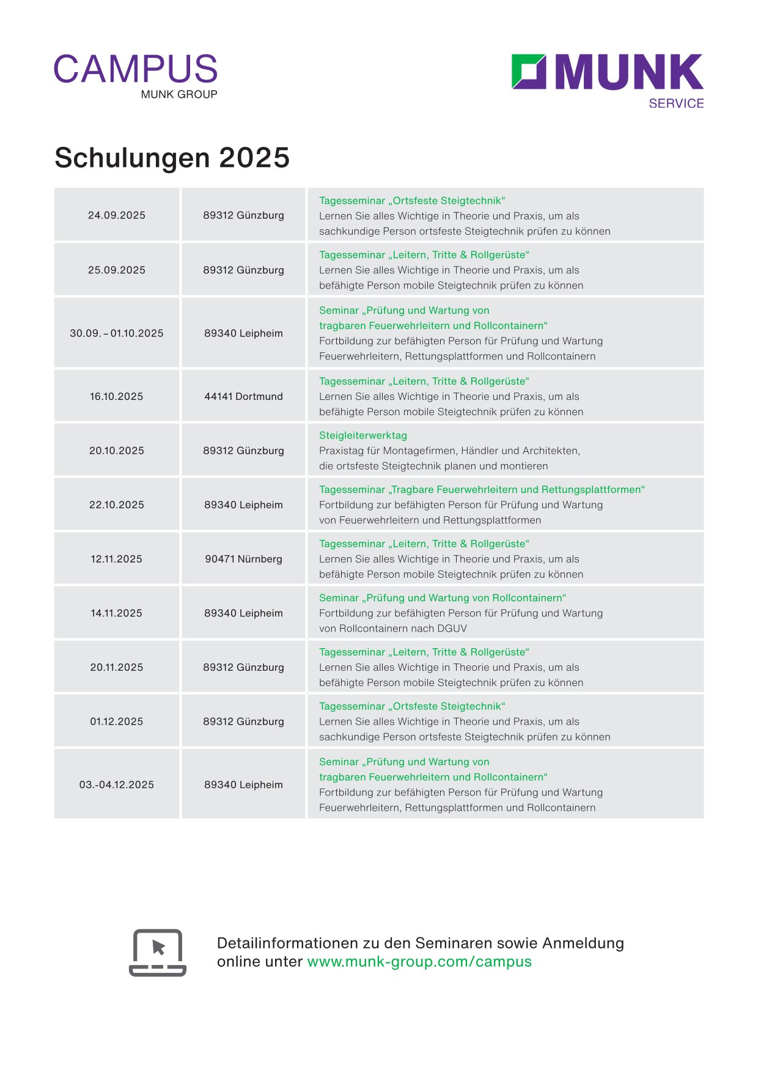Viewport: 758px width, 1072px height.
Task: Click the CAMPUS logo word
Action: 136,69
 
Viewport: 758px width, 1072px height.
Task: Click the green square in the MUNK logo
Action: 528,72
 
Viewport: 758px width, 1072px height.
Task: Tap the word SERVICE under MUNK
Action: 676,103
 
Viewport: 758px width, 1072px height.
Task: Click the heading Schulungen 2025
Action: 172,158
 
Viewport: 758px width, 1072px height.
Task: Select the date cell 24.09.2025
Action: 117,215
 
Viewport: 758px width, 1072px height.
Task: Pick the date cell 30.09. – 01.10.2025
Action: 117,333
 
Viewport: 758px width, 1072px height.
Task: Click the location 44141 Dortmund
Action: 243,396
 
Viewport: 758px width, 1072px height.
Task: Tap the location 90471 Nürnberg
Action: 243,559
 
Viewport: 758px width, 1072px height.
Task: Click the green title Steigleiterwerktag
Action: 363,435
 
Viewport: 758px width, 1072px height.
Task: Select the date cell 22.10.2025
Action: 117,505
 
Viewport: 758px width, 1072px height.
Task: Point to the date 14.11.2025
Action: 117,613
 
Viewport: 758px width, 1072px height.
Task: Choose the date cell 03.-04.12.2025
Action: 117,785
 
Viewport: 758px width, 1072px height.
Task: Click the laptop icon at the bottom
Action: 158,952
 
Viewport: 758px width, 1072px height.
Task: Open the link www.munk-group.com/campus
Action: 419,961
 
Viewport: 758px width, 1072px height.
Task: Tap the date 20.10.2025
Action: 117,451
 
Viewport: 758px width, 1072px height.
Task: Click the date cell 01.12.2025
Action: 117,722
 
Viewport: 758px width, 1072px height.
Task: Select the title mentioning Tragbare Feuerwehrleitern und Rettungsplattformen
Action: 482,489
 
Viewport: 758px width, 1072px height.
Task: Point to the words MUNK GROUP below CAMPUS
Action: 179,94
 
